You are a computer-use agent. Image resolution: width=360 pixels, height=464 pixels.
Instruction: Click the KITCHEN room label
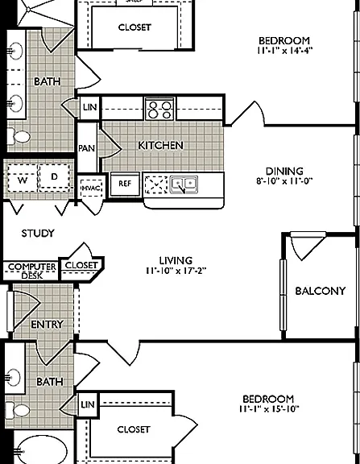(160, 145)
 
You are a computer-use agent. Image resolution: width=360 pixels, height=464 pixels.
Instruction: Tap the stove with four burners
(159, 109)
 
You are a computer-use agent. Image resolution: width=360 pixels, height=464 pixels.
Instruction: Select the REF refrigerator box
(125, 184)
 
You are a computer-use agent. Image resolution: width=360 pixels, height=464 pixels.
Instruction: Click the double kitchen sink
(184, 184)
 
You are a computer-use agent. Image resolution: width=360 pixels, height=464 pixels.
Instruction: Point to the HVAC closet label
(91, 188)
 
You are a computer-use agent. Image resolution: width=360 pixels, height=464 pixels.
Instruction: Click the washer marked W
(23, 180)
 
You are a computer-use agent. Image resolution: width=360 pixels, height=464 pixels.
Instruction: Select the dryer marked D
(54, 176)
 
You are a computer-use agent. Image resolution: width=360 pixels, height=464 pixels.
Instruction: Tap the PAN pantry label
(87, 148)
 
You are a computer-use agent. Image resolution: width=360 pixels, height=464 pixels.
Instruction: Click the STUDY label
(38, 233)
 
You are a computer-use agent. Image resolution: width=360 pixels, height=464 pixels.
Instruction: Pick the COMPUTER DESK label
(32, 271)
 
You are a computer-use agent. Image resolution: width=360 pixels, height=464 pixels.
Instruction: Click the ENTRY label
(47, 325)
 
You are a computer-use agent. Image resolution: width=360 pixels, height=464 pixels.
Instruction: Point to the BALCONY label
(321, 291)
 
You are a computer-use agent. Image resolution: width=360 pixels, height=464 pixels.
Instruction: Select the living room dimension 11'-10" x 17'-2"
(176, 271)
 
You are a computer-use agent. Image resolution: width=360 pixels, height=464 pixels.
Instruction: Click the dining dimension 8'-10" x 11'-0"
(284, 180)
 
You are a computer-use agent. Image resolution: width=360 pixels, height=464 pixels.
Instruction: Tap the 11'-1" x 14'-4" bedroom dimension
(284, 50)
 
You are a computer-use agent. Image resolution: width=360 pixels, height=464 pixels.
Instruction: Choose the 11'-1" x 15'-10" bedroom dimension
(269, 409)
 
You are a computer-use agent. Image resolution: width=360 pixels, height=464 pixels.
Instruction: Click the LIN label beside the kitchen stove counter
(90, 107)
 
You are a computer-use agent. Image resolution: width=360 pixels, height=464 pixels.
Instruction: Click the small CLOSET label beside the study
(81, 265)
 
